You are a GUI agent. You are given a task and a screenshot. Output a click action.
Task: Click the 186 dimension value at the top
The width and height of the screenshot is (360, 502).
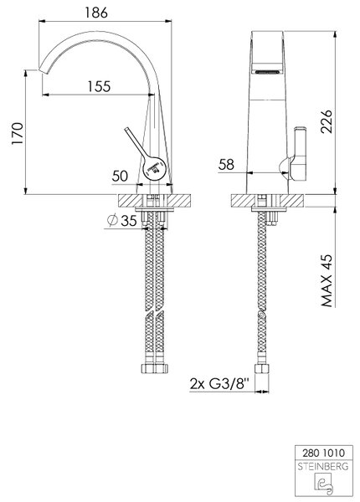click(x=96, y=13)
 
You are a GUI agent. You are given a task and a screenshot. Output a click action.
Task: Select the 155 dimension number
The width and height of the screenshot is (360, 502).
click(x=99, y=86)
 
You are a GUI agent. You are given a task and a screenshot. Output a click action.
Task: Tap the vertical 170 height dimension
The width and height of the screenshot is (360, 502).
click(x=18, y=133)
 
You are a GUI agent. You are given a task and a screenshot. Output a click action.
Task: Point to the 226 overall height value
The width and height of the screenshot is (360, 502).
click(x=327, y=121)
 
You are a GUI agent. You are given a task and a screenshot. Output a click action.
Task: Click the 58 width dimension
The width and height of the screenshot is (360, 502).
click(x=226, y=165)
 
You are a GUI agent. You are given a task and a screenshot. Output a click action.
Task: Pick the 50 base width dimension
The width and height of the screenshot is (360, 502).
click(x=120, y=176)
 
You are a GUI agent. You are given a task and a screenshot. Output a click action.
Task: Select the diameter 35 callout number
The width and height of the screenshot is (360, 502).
click(x=129, y=220)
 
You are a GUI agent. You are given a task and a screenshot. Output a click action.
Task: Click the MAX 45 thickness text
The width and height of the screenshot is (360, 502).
click(x=327, y=281)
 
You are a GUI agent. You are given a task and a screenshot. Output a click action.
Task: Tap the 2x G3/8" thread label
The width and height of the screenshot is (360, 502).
click(x=219, y=383)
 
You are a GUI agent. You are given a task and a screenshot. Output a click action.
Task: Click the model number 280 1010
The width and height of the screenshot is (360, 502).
click(x=324, y=453)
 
